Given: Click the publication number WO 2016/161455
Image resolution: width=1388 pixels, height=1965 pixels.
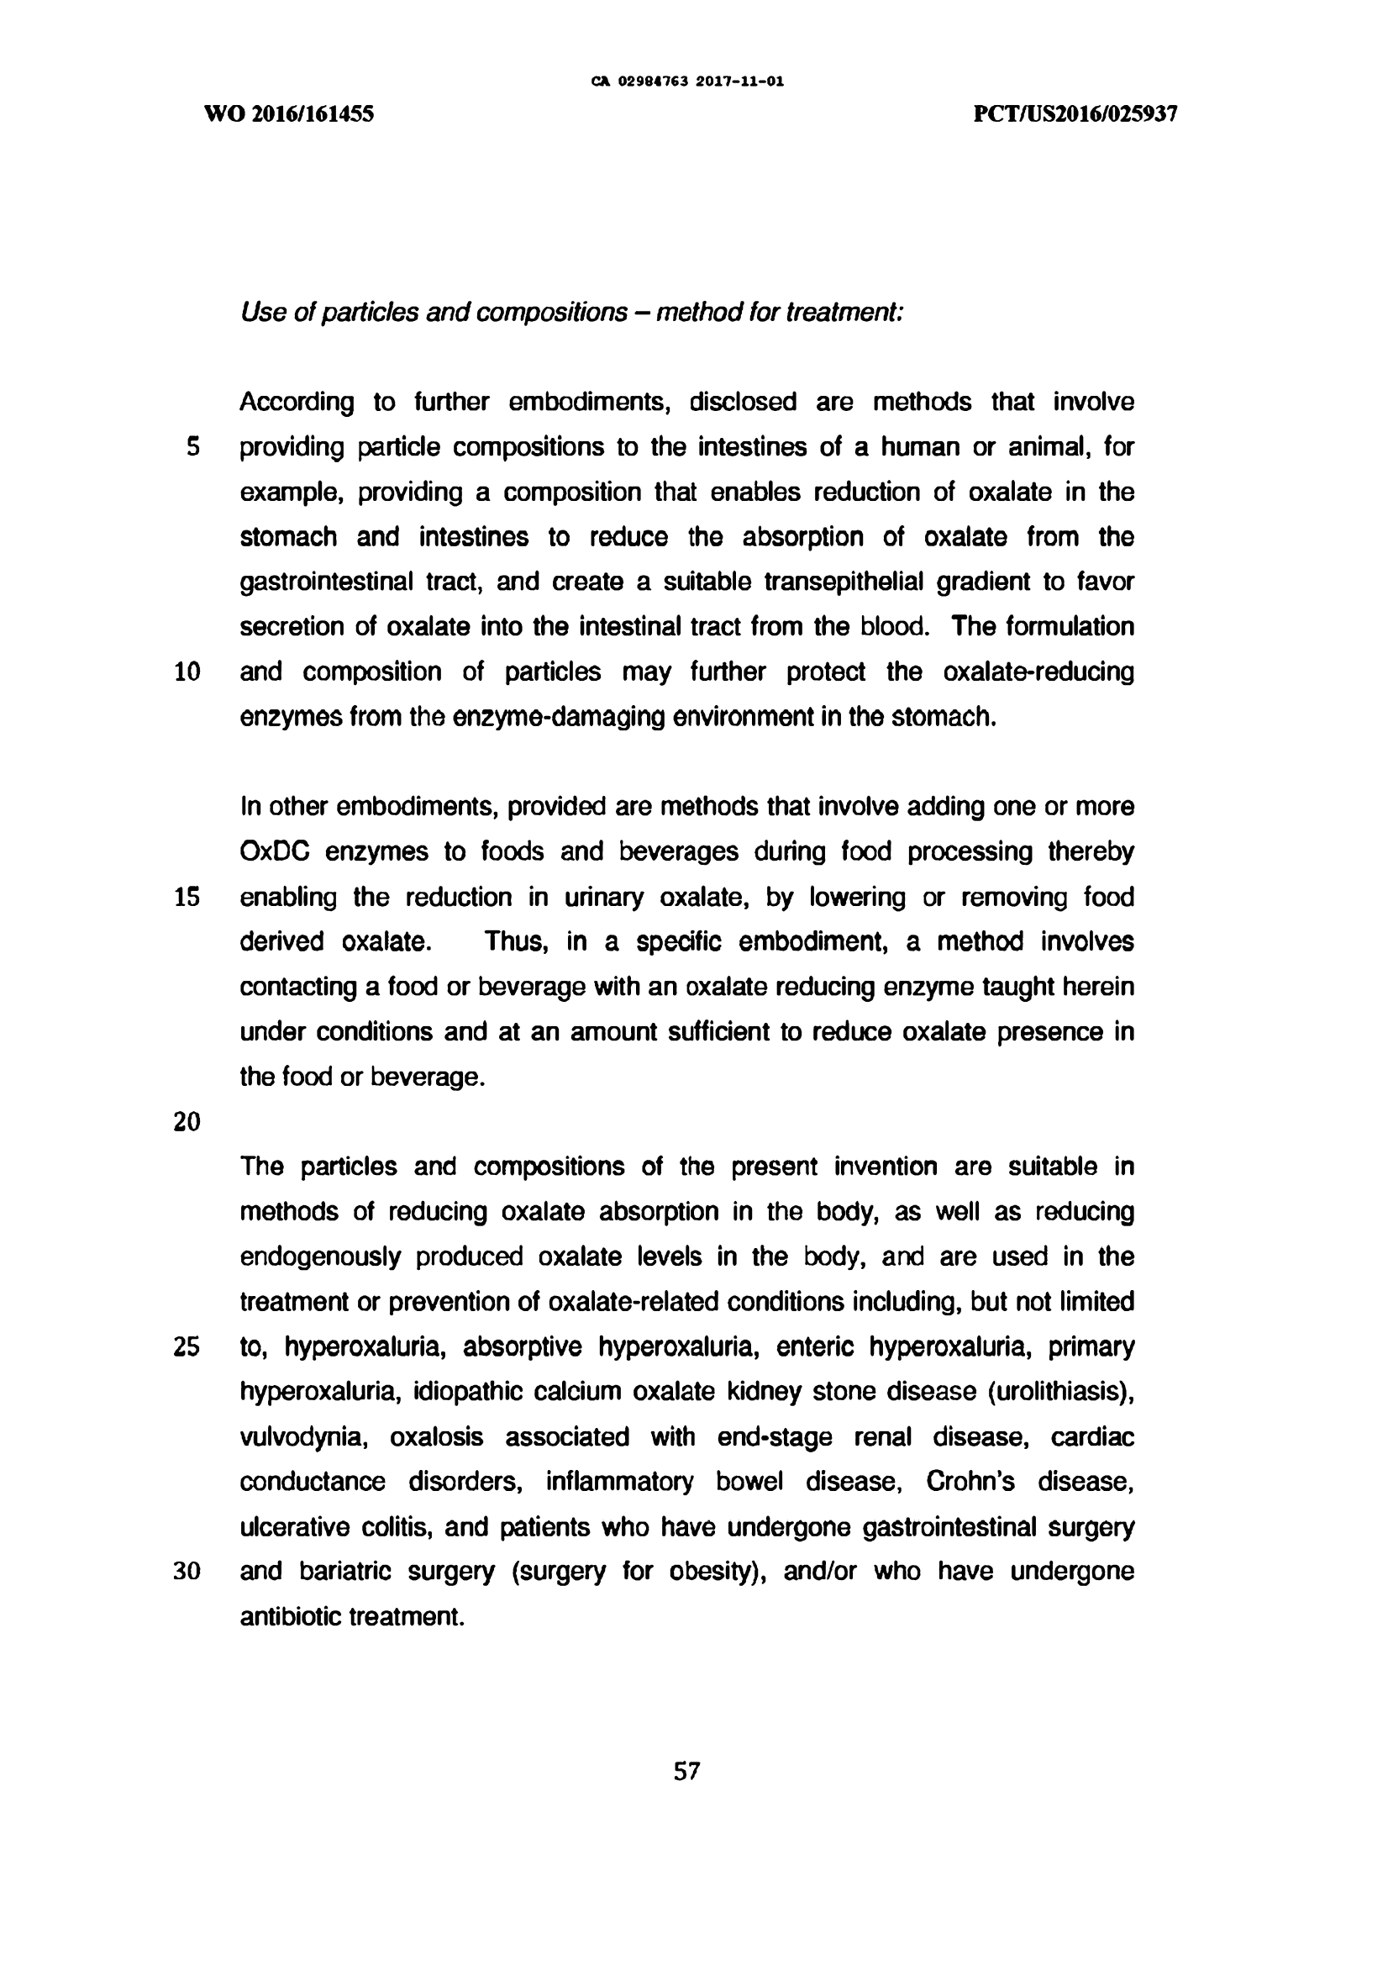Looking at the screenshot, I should pyautogui.click(x=289, y=113).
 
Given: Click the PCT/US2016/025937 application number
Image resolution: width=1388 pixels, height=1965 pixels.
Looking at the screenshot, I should pyautogui.click(x=1075, y=113).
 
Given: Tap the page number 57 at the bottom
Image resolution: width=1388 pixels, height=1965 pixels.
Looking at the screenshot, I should pyautogui.click(x=686, y=1771).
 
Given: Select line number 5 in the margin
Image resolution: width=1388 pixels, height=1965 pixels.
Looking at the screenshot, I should pyautogui.click(x=192, y=447).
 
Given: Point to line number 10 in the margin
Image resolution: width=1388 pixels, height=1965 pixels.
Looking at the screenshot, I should pyautogui.click(x=187, y=672).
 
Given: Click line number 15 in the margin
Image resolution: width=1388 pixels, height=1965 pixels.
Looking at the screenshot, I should pyautogui.click(x=187, y=897).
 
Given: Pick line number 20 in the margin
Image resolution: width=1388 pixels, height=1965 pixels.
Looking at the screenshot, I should pyautogui.click(x=187, y=1122).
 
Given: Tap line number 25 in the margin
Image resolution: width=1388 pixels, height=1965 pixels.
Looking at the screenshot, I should pyautogui.click(x=187, y=1347).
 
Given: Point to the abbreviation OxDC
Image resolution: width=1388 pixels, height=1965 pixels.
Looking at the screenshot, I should pyautogui.click(x=274, y=851).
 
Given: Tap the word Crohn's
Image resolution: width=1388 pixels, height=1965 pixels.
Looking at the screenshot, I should pyautogui.click(x=970, y=1482).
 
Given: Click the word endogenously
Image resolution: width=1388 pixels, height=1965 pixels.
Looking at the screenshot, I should pyautogui.click(x=320, y=1257).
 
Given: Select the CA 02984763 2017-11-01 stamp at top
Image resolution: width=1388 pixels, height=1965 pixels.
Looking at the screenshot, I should pyautogui.click(x=687, y=82).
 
